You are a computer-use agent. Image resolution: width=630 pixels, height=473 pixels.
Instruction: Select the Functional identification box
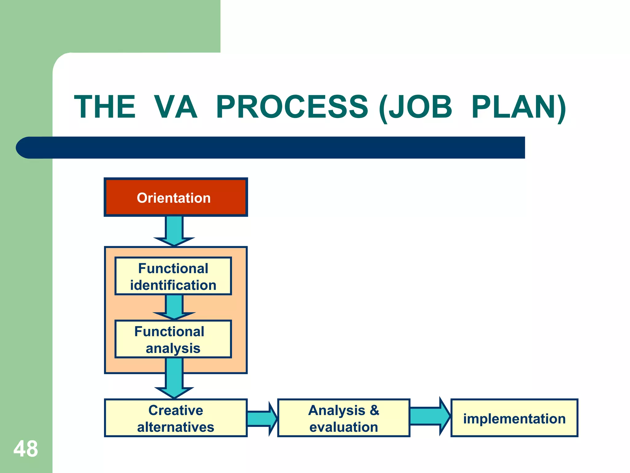click(x=173, y=276)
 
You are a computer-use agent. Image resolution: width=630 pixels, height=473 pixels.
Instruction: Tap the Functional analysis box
click(x=173, y=339)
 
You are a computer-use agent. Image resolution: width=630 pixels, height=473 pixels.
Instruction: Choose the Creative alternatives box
click(x=176, y=418)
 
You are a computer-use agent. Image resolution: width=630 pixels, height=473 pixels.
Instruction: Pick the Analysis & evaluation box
click(x=344, y=418)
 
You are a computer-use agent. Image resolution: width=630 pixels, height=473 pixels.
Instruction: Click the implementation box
click(x=514, y=418)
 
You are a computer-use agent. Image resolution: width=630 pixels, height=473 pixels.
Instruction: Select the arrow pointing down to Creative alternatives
click(x=174, y=379)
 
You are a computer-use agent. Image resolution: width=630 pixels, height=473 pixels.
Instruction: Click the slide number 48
click(x=26, y=449)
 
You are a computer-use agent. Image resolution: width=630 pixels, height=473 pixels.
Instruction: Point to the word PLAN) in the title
click(x=518, y=107)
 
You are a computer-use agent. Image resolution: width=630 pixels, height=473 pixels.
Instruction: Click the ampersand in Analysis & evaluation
click(x=374, y=410)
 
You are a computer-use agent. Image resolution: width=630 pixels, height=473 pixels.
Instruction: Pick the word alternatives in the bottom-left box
click(x=176, y=427)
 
